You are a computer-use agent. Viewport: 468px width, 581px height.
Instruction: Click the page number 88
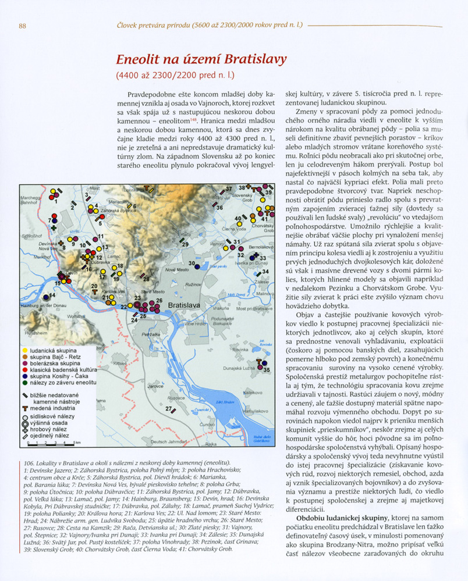tap(23, 26)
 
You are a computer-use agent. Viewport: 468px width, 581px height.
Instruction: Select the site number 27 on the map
tap(167, 409)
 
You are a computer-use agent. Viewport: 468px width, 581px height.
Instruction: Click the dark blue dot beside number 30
tap(197, 265)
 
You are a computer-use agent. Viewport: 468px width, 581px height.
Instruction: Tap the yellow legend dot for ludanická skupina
tap(24, 350)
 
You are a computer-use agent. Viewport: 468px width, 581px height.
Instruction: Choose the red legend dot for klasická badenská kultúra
tap(24, 369)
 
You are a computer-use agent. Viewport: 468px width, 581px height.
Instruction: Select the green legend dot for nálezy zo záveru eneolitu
tap(24, 382)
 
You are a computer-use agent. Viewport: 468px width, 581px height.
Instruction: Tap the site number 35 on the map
tap(267, 369)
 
